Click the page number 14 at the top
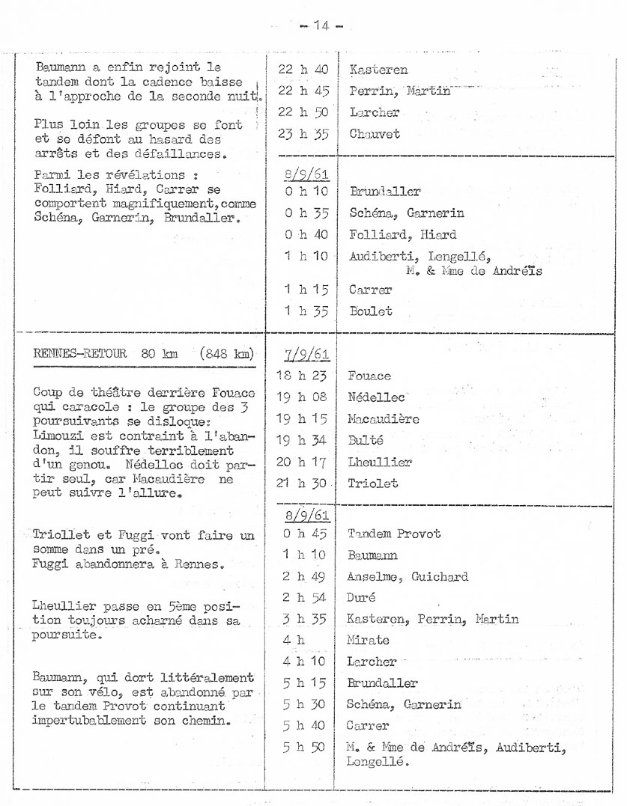pyautogui.click(x=321, y=25)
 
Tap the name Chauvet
pyautogui.click(x=375, y=134)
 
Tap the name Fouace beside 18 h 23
pyautogui.click(x=369, y=376)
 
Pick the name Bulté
pyautogui.click(x=366, y=441)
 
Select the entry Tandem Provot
pyautogui.click(x=394, y=534)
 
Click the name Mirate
pyautogui.click(x=367, y=641)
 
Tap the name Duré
pyautogui.click(x=362, y=597)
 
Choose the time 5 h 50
pyautogui.click(x=303, y=748)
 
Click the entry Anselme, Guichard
pyautogui.click(x=408, y=576)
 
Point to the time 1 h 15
pyautogui.click(x=303, y=289)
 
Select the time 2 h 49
pyautogui.click(x=303, y=576)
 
